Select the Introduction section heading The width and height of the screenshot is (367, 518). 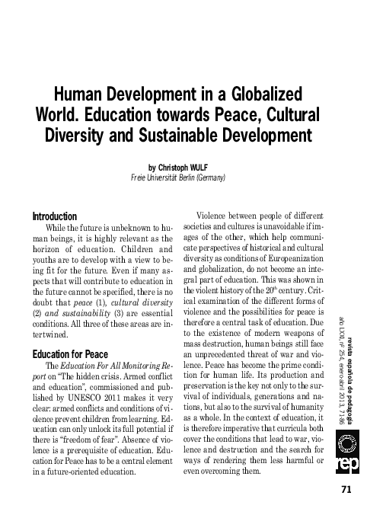56,216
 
